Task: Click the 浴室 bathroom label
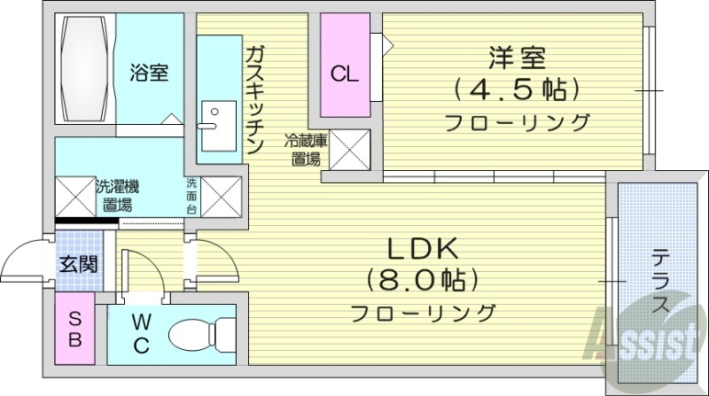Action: (x=150, y=73)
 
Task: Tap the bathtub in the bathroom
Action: (x=84, y=71)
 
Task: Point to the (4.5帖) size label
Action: (x=518, y=89)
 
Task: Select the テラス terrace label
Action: (x=661, y=282)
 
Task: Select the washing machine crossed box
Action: (x=74, y=196)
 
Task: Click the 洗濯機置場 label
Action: (x=117, y=196)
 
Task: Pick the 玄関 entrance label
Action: (x=79, y=263)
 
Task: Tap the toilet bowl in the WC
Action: (x=195, y=337)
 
